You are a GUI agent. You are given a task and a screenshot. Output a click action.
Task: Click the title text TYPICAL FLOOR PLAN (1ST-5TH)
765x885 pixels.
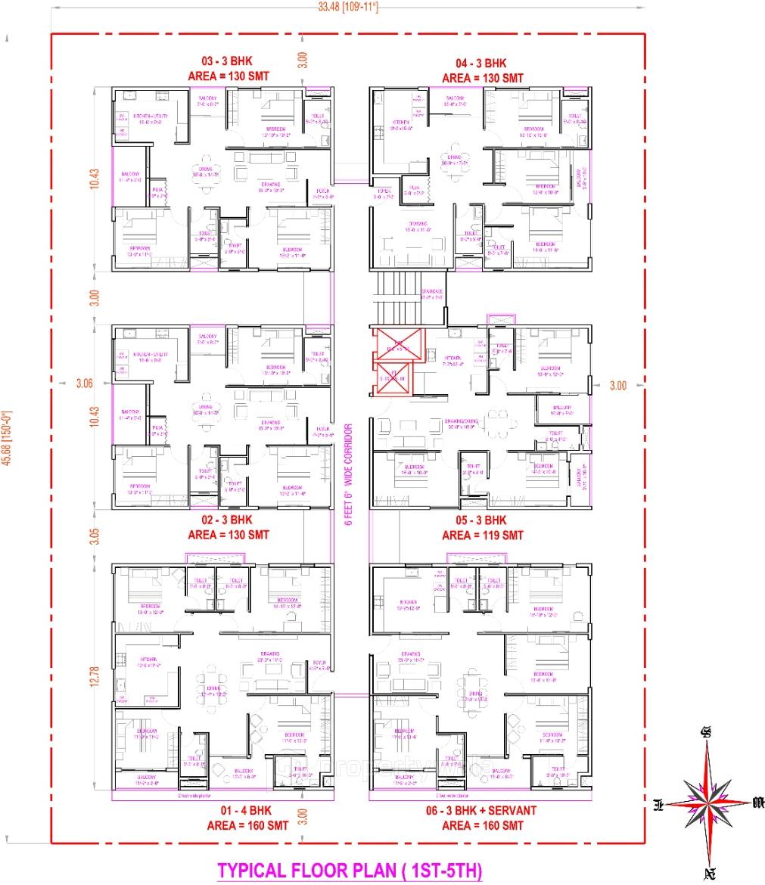point(350,869)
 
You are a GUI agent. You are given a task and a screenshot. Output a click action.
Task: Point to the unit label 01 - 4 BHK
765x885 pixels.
point(228,810)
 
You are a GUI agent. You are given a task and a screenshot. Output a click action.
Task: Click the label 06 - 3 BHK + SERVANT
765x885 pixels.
point(482,810)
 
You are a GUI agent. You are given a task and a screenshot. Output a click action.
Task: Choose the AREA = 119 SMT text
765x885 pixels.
point(482,535)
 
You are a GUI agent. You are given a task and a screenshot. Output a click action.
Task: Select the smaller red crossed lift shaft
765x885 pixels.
point(393,378)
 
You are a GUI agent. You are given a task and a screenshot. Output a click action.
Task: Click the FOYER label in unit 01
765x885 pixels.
point(319,665)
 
